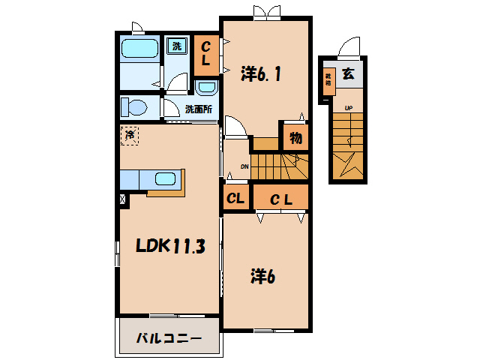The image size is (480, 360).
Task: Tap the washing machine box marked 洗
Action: click(177, 46)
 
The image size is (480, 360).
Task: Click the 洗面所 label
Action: click(199, 109)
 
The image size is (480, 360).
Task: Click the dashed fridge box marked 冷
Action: click(130, 136)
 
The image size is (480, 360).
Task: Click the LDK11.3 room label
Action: click(169, 246)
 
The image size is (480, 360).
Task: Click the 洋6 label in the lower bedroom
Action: click(262, 276)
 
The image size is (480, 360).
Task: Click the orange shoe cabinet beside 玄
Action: click(328, 80)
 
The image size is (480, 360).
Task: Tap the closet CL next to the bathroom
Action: click(205, 54)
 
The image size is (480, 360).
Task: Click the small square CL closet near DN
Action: click(235, 199)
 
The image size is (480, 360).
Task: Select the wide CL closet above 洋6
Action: click(280, 199)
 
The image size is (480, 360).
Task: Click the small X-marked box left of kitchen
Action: click(122, 200)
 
